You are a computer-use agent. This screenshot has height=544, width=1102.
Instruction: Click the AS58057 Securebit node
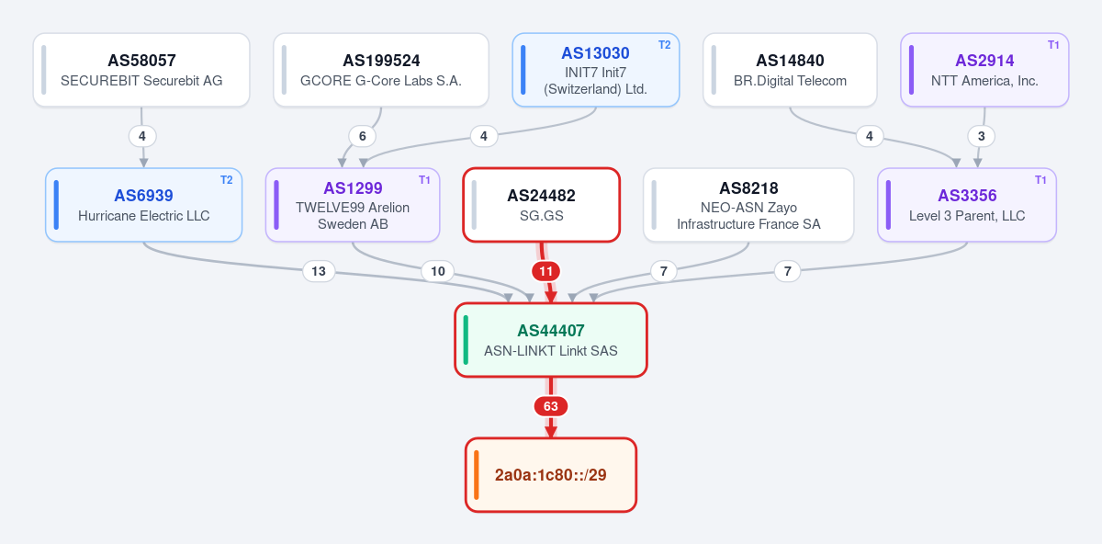pos(141,70)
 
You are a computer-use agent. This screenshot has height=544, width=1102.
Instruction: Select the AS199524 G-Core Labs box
pos(381,70)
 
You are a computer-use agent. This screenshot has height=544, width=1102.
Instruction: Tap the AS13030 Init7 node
pos(596,70)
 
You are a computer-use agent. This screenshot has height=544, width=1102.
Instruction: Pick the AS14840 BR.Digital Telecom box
pos(790,70)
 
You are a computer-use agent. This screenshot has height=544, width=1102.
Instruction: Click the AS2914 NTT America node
pos(984,70)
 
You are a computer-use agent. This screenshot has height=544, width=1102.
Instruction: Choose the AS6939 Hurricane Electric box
pos(143,205)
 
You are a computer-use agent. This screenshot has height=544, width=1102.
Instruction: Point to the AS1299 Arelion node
pos(353,205)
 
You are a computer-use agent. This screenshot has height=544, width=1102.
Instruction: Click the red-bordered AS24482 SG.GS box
pos(541,205)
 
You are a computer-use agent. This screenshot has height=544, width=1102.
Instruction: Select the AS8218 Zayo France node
pos(748,205)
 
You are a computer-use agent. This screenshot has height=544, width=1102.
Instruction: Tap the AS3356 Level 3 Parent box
pos(967,205)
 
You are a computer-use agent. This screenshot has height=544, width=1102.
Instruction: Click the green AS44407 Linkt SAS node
pos(550,340)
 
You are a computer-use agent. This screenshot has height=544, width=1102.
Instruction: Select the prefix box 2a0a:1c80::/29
pos(550,475)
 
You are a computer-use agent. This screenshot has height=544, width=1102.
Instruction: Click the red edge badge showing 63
pos(550,406)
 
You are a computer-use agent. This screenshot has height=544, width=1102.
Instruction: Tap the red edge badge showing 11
pos(546,271)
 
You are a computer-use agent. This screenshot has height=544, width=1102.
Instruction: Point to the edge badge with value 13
pos(319,271)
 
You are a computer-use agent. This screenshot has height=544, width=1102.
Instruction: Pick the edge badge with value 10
pos(438,271)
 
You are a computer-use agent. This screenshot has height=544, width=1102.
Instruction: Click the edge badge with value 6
pos(363,136)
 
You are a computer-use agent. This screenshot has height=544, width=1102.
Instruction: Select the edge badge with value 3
pos(982,136)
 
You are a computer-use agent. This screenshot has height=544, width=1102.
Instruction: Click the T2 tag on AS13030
pos(665,45)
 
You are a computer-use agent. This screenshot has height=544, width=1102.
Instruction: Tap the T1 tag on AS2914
pos(1053,45)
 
